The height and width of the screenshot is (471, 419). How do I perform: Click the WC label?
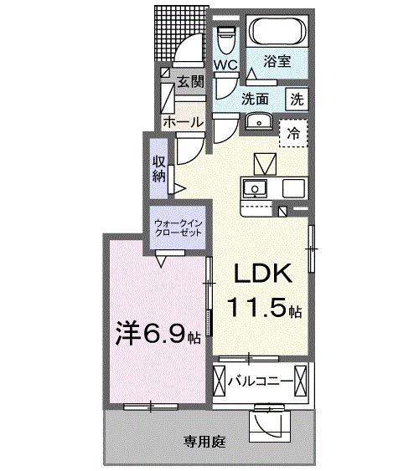[225, 64]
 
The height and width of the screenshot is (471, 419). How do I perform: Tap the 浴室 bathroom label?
[277, 60]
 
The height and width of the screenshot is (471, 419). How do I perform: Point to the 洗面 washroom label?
[256, 98]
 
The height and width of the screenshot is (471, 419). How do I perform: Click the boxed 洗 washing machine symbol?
[297, 97]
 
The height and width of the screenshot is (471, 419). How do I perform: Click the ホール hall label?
[183, 122]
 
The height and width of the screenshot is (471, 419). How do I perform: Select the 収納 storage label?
[159, 167]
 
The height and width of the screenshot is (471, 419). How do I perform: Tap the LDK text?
[261, 275]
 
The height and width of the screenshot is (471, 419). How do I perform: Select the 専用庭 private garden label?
[204, 441]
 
